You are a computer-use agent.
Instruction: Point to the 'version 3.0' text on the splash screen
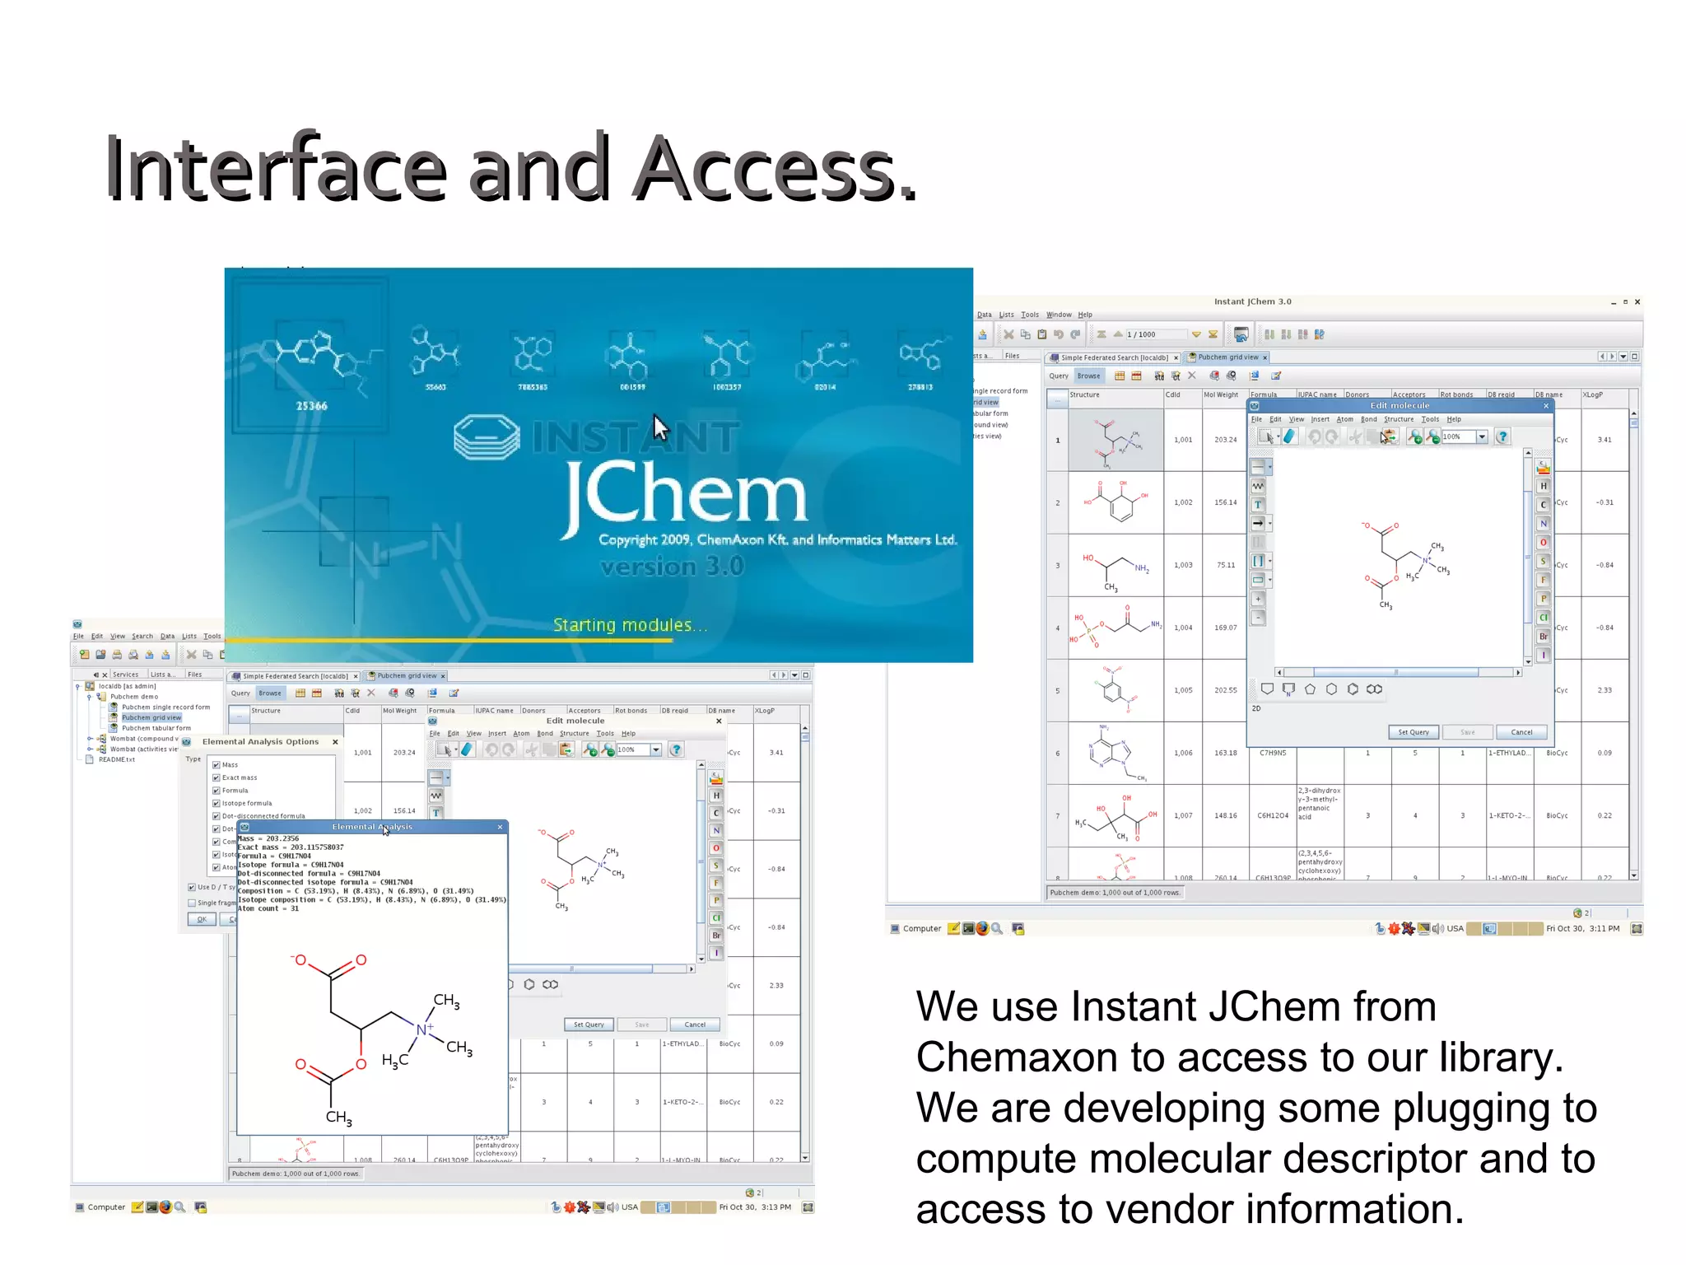(x=672, y=567)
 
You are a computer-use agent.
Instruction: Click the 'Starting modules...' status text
(x=630, y=625)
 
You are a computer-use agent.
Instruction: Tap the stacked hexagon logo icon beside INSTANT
(x=487, y=436)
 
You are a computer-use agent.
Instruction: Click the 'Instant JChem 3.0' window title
(x=1252, y=301)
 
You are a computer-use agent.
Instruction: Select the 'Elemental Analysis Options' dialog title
(x=260, y=742)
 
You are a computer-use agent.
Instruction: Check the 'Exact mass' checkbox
(x=217, y=777)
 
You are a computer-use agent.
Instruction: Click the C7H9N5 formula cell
(x=1273, y=753)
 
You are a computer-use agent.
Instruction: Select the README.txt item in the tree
(x=116, y=759)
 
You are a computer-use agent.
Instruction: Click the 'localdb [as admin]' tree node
(x=127, y=686)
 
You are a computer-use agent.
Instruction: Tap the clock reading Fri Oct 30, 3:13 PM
(x=754, y=1207)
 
